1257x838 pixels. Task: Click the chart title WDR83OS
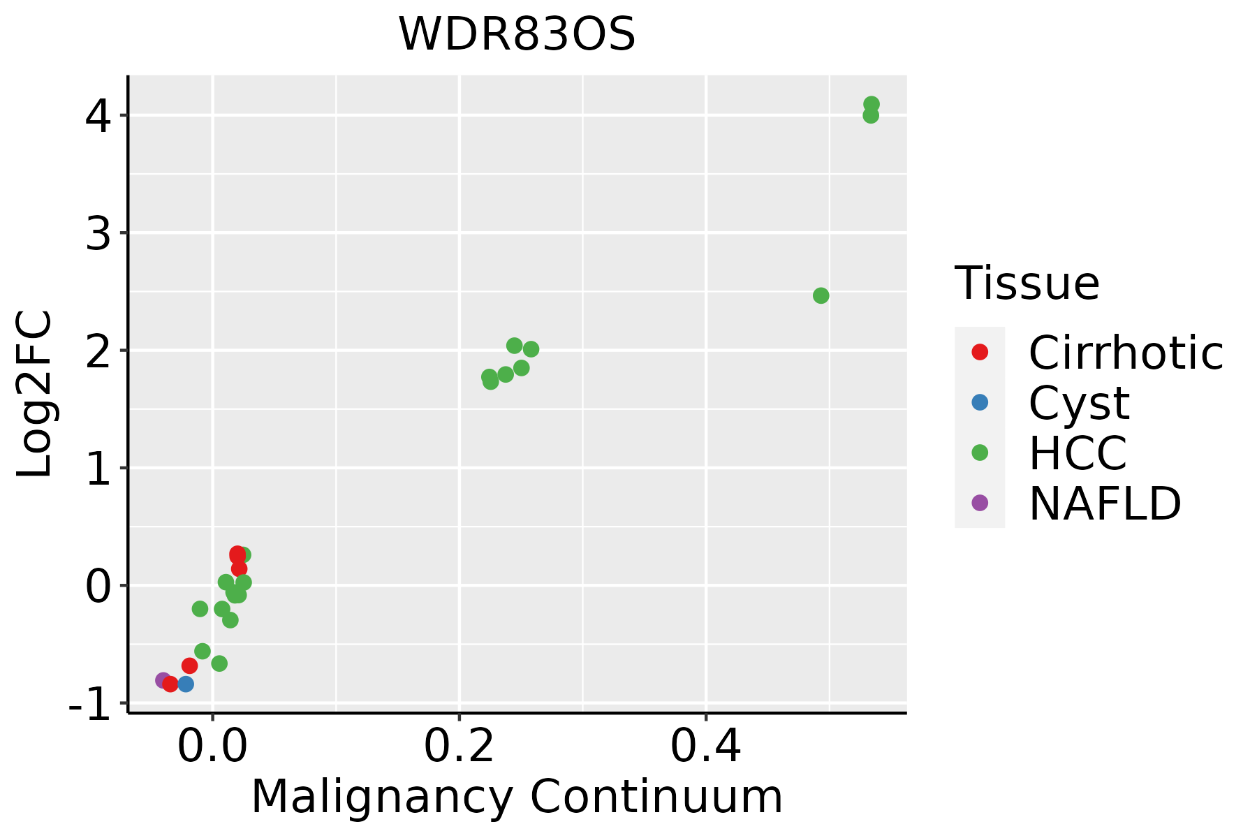(x=517, y=34)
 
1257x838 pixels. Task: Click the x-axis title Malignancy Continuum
(x=517, y=797)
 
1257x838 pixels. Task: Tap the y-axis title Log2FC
(x=35, y=395)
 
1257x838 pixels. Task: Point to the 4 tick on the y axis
(x=98, y=116)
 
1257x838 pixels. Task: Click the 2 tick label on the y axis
(x=98, y=351)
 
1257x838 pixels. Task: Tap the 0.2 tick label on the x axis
(x=459, y=747)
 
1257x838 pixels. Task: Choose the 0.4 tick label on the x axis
(x=706, y=747)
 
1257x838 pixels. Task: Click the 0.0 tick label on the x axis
(x=212, y=747)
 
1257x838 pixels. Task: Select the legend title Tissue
(x=1027, y=284)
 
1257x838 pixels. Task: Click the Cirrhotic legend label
(x=1126, y=353)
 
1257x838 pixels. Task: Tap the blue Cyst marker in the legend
(x=980, y=402)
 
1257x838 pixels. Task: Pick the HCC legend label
(x=1078, y=453)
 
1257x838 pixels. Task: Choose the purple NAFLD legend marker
(x=980, y=502)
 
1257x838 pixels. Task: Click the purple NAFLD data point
(x=163, y=680)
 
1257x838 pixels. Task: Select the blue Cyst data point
(x=186, y=684)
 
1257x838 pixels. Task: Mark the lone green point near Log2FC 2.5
(x=821, y=295)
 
